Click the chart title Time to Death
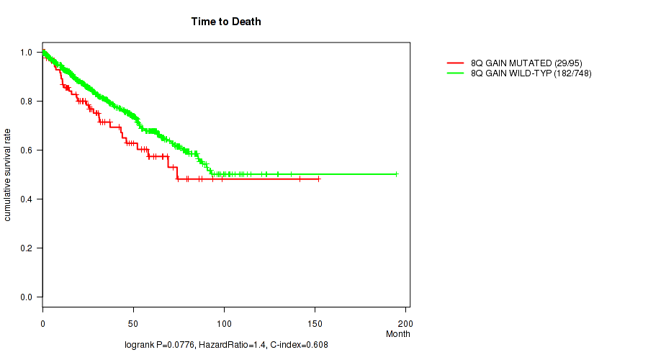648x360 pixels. click(226, 22)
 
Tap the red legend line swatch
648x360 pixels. click(456, 63)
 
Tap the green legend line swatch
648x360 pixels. click(456, 73)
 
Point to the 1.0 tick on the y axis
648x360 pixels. click(26, 53)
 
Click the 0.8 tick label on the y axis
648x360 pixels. click(26, 102)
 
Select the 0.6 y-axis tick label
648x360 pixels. click(26, 150)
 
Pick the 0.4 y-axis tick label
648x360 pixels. click(26, 199)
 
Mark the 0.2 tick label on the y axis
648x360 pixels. click(26, 248)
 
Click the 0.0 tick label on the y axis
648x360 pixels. click(26, 297)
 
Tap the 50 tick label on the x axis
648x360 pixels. click(133, 320)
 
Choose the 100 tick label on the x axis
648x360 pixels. click(224, 320)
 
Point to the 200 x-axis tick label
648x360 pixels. click(405, 320)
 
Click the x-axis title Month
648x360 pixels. click(398, 334)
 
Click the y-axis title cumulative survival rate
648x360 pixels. click(8, 175)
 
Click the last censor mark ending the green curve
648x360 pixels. click(396, 174)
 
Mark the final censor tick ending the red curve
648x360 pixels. click(318, 179)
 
